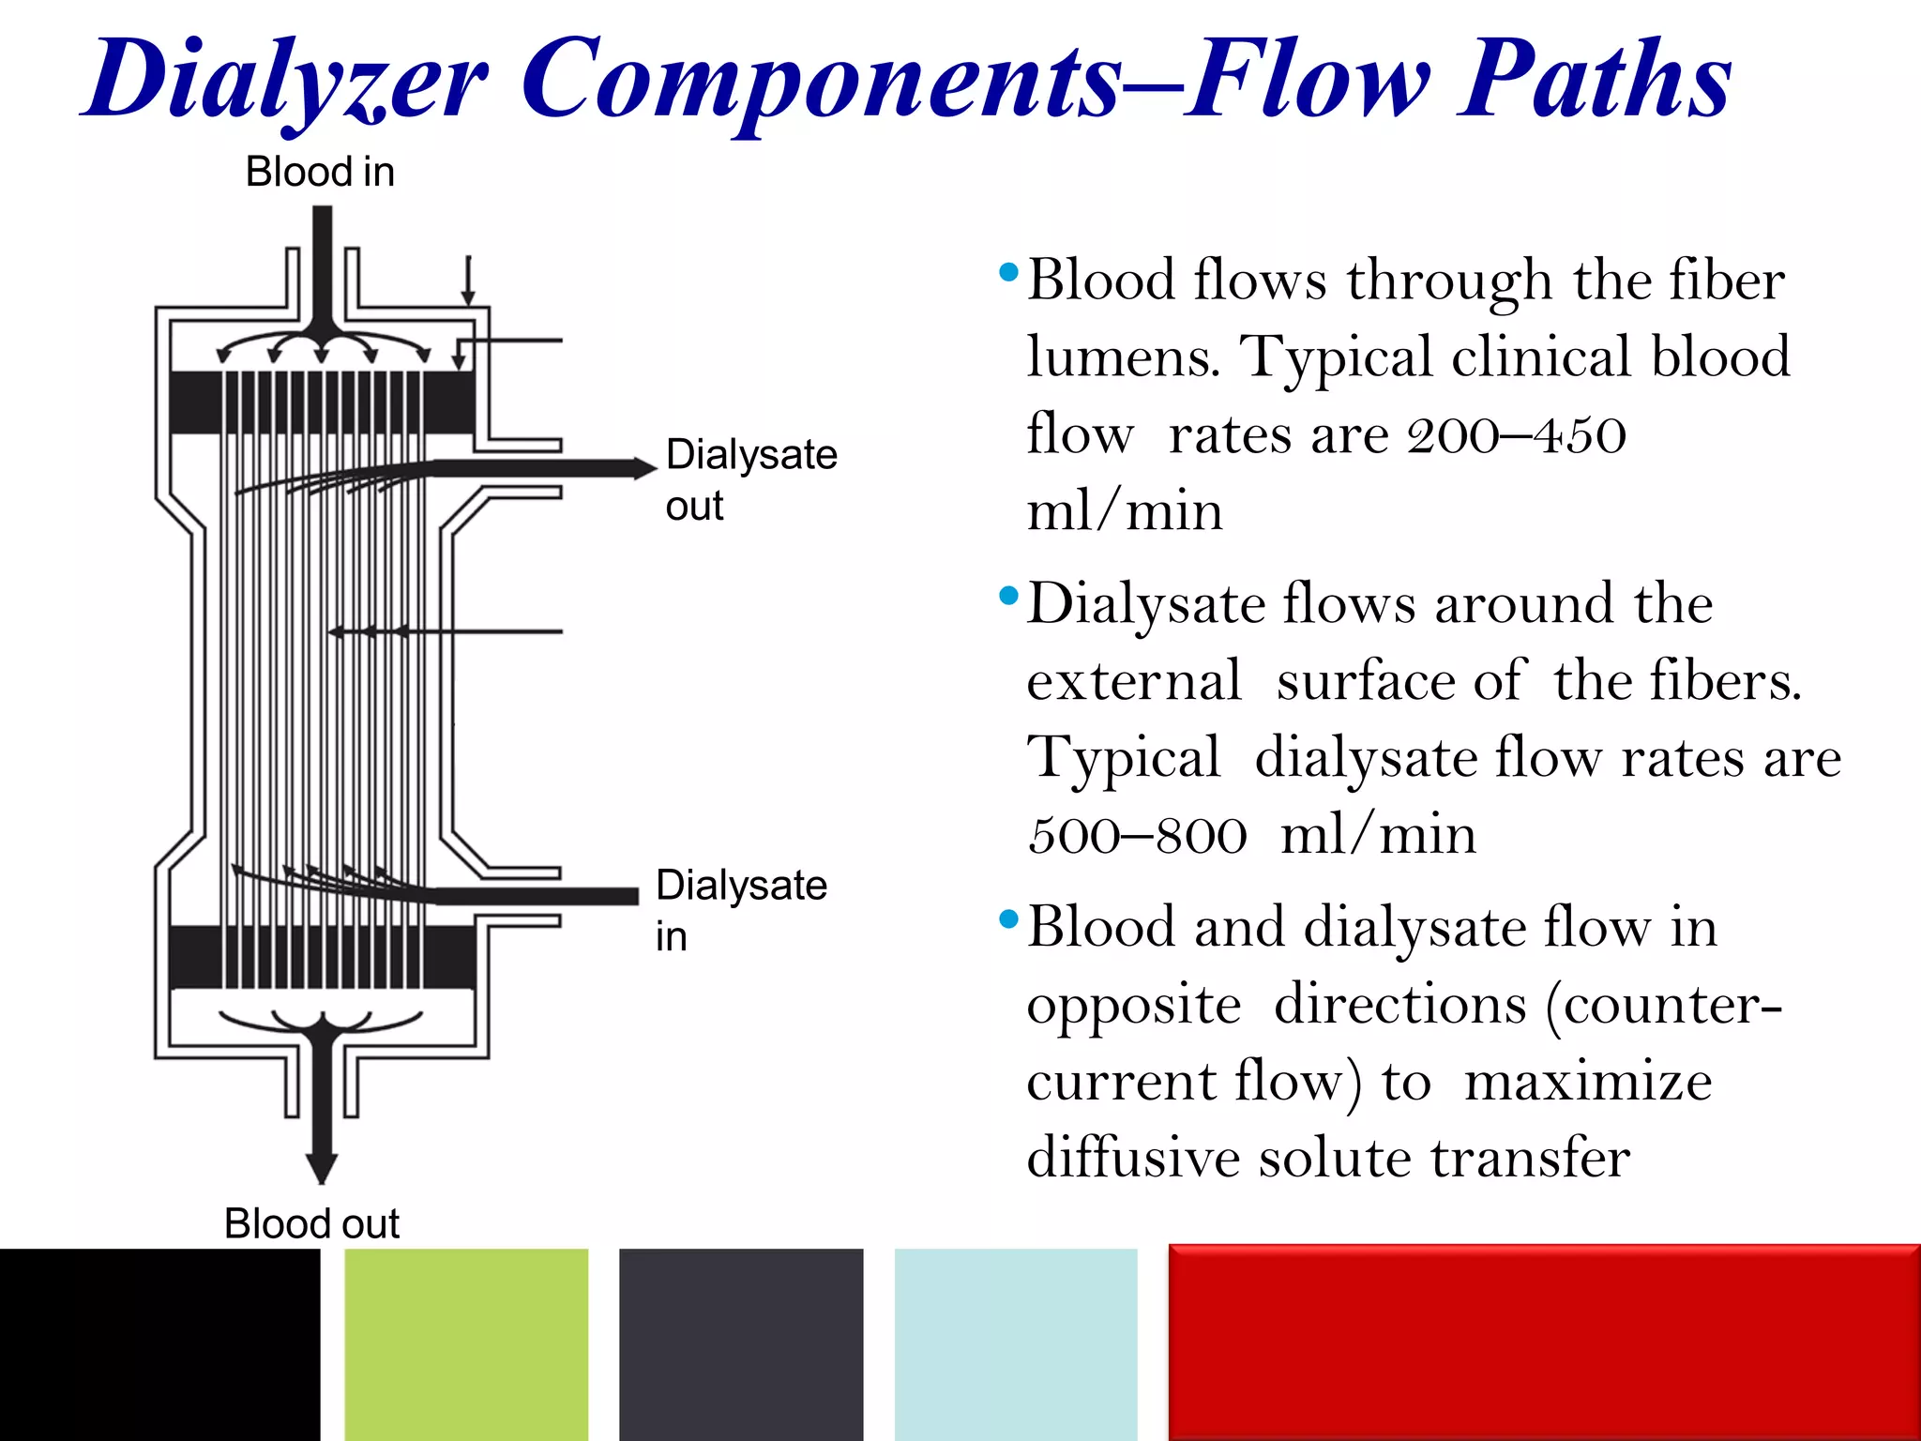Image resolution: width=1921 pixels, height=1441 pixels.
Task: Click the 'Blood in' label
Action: (x=320, y=173)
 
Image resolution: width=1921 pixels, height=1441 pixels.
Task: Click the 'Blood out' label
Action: (x=311, y=1223)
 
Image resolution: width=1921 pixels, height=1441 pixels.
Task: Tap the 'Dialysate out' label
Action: (x=750, y=479)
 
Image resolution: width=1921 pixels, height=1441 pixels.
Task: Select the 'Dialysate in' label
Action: (x=740, y=909)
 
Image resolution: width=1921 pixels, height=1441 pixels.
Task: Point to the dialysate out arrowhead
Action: (x=644, y=468)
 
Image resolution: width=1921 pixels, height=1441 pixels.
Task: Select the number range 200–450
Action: (x=1516, y=435)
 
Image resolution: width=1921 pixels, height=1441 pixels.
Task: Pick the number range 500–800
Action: (x=1137, y=835)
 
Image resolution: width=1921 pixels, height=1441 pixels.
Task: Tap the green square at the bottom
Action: (x=466, y=1343)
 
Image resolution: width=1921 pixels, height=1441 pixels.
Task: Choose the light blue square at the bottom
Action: (x=1016, y=1343)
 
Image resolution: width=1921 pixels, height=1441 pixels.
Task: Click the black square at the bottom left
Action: (x=159, y=1343)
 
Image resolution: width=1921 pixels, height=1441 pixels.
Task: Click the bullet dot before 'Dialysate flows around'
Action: (x=1009, y=596)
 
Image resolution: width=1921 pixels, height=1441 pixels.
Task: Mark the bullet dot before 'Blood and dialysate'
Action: (x=1009, y=918)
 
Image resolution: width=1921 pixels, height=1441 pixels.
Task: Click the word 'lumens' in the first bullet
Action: (x=1121, y=358)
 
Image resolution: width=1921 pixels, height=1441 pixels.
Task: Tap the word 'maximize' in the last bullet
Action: (x=1588, y=1082)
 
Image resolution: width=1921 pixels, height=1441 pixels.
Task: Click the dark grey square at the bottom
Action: (x=741, y=1343)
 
